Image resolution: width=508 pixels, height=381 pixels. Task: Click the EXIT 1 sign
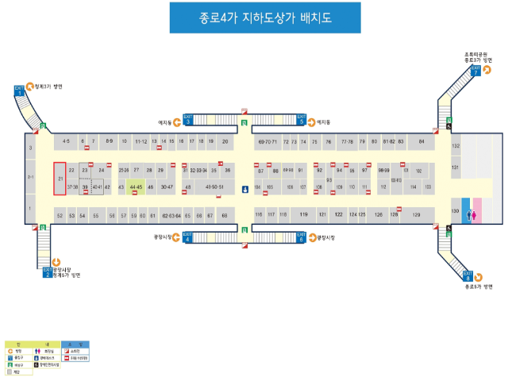[x=19, y=90]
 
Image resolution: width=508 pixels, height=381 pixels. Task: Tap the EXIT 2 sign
[x=47, y=273]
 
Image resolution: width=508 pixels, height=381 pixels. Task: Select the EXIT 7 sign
[x=475, y=70]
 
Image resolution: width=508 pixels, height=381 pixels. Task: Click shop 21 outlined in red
[x=60, y=179]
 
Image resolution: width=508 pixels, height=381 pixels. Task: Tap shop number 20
[x=225, y=141]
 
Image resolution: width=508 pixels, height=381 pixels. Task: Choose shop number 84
[x=421, y=141]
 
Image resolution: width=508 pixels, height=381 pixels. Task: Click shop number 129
[x=416, y=215]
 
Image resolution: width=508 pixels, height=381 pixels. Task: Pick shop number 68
[x=225, y=215]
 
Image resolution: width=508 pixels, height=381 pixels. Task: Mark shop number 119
[x=303, y=215]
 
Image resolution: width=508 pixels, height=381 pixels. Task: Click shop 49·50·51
[x=214, y=187]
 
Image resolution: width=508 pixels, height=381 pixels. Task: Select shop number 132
[x=456, y=147]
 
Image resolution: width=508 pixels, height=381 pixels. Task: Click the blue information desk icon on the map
[x=245, y=189]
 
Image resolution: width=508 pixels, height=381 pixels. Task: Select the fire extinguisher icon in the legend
[x=67, y=350]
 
